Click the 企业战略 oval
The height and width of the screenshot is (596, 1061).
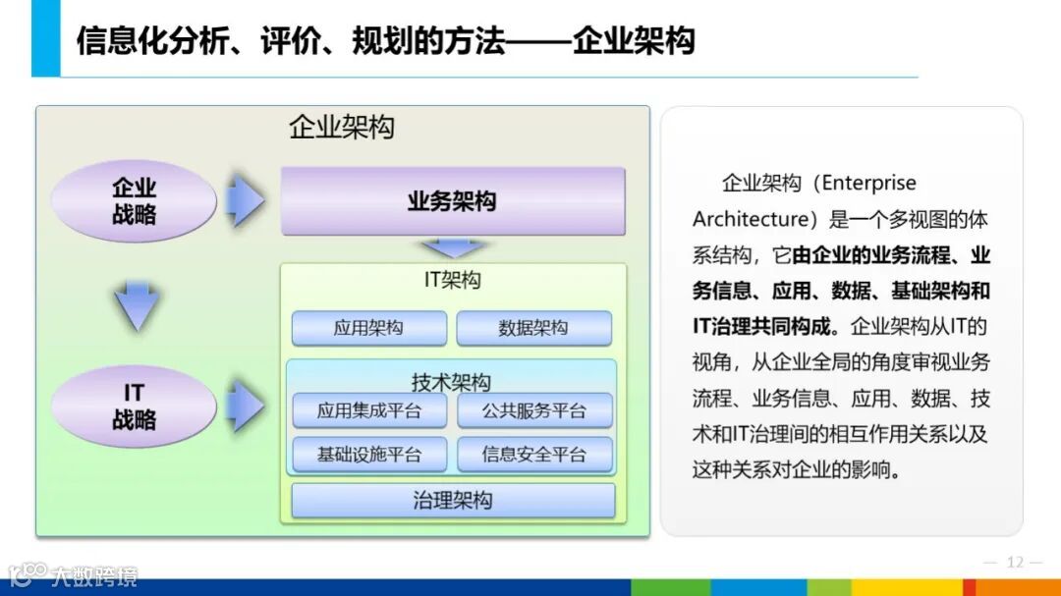(134, 201)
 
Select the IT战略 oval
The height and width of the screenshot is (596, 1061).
(134, 406)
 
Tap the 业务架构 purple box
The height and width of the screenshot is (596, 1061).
(452, 201)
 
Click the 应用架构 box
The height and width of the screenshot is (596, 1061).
(368, 328)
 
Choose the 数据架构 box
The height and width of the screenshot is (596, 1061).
(533, 328)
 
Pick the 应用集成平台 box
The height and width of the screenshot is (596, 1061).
(368, 410)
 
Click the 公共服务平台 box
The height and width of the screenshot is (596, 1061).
(533, 410)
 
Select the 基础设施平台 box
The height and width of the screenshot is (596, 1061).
(368, 455)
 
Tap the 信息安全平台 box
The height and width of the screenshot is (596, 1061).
(533, 455)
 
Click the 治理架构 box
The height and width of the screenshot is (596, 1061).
(453, 501)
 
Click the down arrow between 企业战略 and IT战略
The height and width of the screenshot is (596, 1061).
(136, 305)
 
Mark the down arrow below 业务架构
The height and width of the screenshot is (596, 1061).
(453, 247)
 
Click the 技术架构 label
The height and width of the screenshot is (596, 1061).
(451, 382)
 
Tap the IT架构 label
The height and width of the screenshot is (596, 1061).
(452, 281)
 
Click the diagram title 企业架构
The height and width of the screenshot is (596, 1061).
(341, 128)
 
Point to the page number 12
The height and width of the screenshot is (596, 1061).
(1015, 563)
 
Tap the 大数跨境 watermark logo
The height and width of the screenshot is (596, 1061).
(74, 576)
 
